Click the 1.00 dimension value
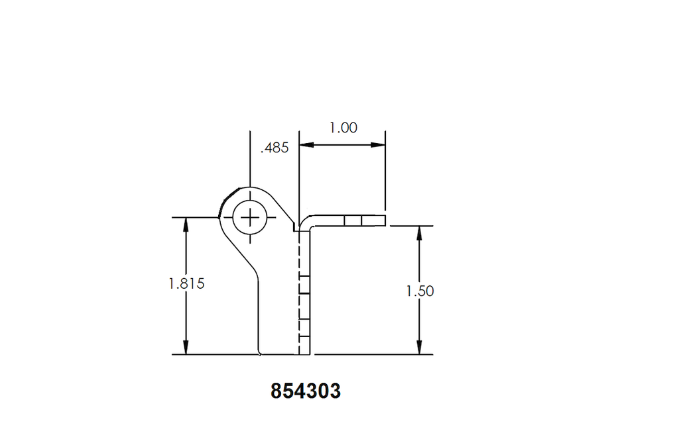pyautogui.click(x=343, y=128)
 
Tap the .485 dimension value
pyautogui.click(x=275, y=148)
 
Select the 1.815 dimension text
pyautogui.click(x=186, y=284)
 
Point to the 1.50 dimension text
pyautogui.click(x=420, y=291)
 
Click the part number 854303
pyautogui.click(x=306, y=391)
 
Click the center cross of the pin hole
pyautogui.click(x=250, y=218)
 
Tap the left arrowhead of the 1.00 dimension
pyautogui.click(x=306, y=145)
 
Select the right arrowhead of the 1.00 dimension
pyautogui.click(x=377, y=145)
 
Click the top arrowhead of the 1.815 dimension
pyautogui.click(x=186, y=224)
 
